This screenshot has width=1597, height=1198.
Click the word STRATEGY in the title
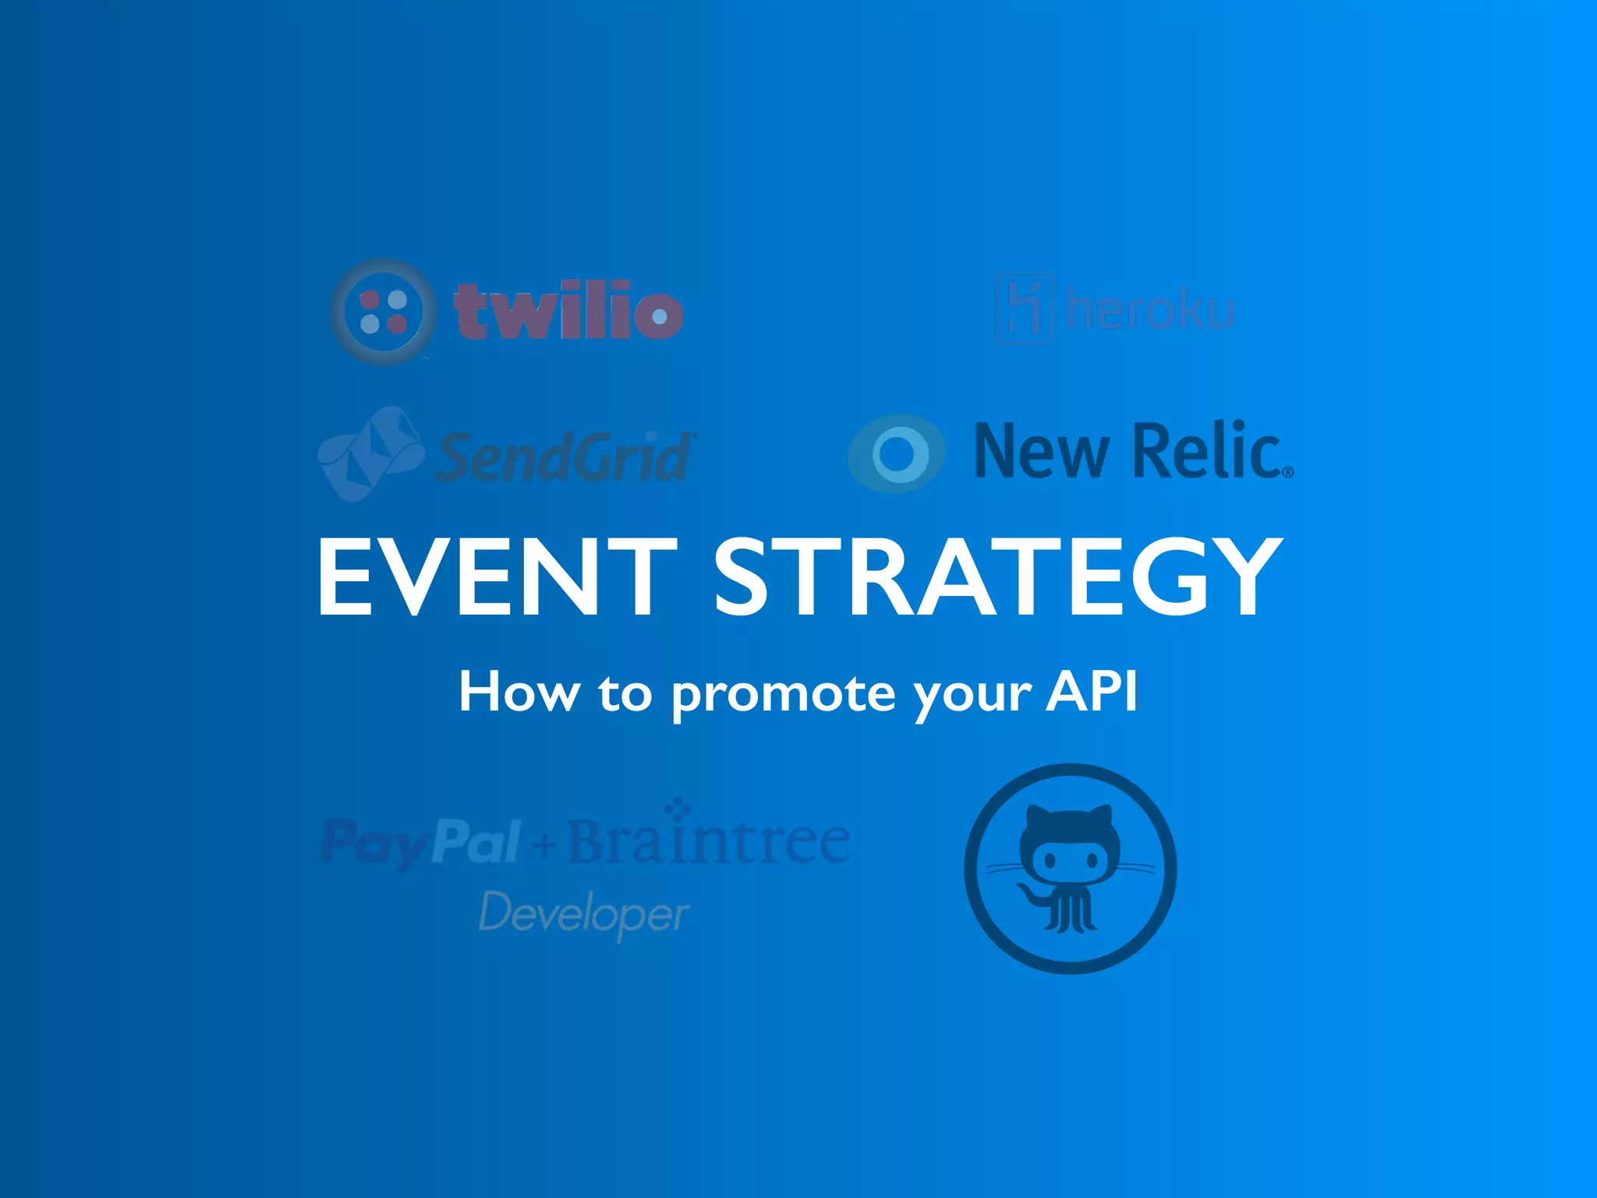click(x=997, y=577)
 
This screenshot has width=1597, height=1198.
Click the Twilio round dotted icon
click(x=381, y=312)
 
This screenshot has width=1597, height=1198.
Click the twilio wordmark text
click(x=568, y=312)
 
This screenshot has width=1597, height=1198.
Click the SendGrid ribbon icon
click(x=370, y=452)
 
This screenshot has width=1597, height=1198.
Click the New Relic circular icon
click(x=897, y=453)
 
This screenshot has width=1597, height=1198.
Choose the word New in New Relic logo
click(x=1041, y=451)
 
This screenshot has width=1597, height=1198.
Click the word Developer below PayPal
click(x=583, y=914)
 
